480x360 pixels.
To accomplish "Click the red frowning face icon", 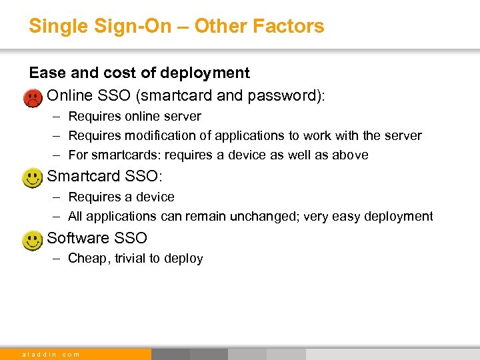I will [x=32, y=99].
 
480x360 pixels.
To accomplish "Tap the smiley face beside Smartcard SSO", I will [x=32, y=178].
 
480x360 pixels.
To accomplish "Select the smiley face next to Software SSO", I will [x=32, y=239].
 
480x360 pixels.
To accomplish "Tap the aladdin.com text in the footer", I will [x=51, y=354].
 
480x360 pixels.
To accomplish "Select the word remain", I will [x=225, y=217].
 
